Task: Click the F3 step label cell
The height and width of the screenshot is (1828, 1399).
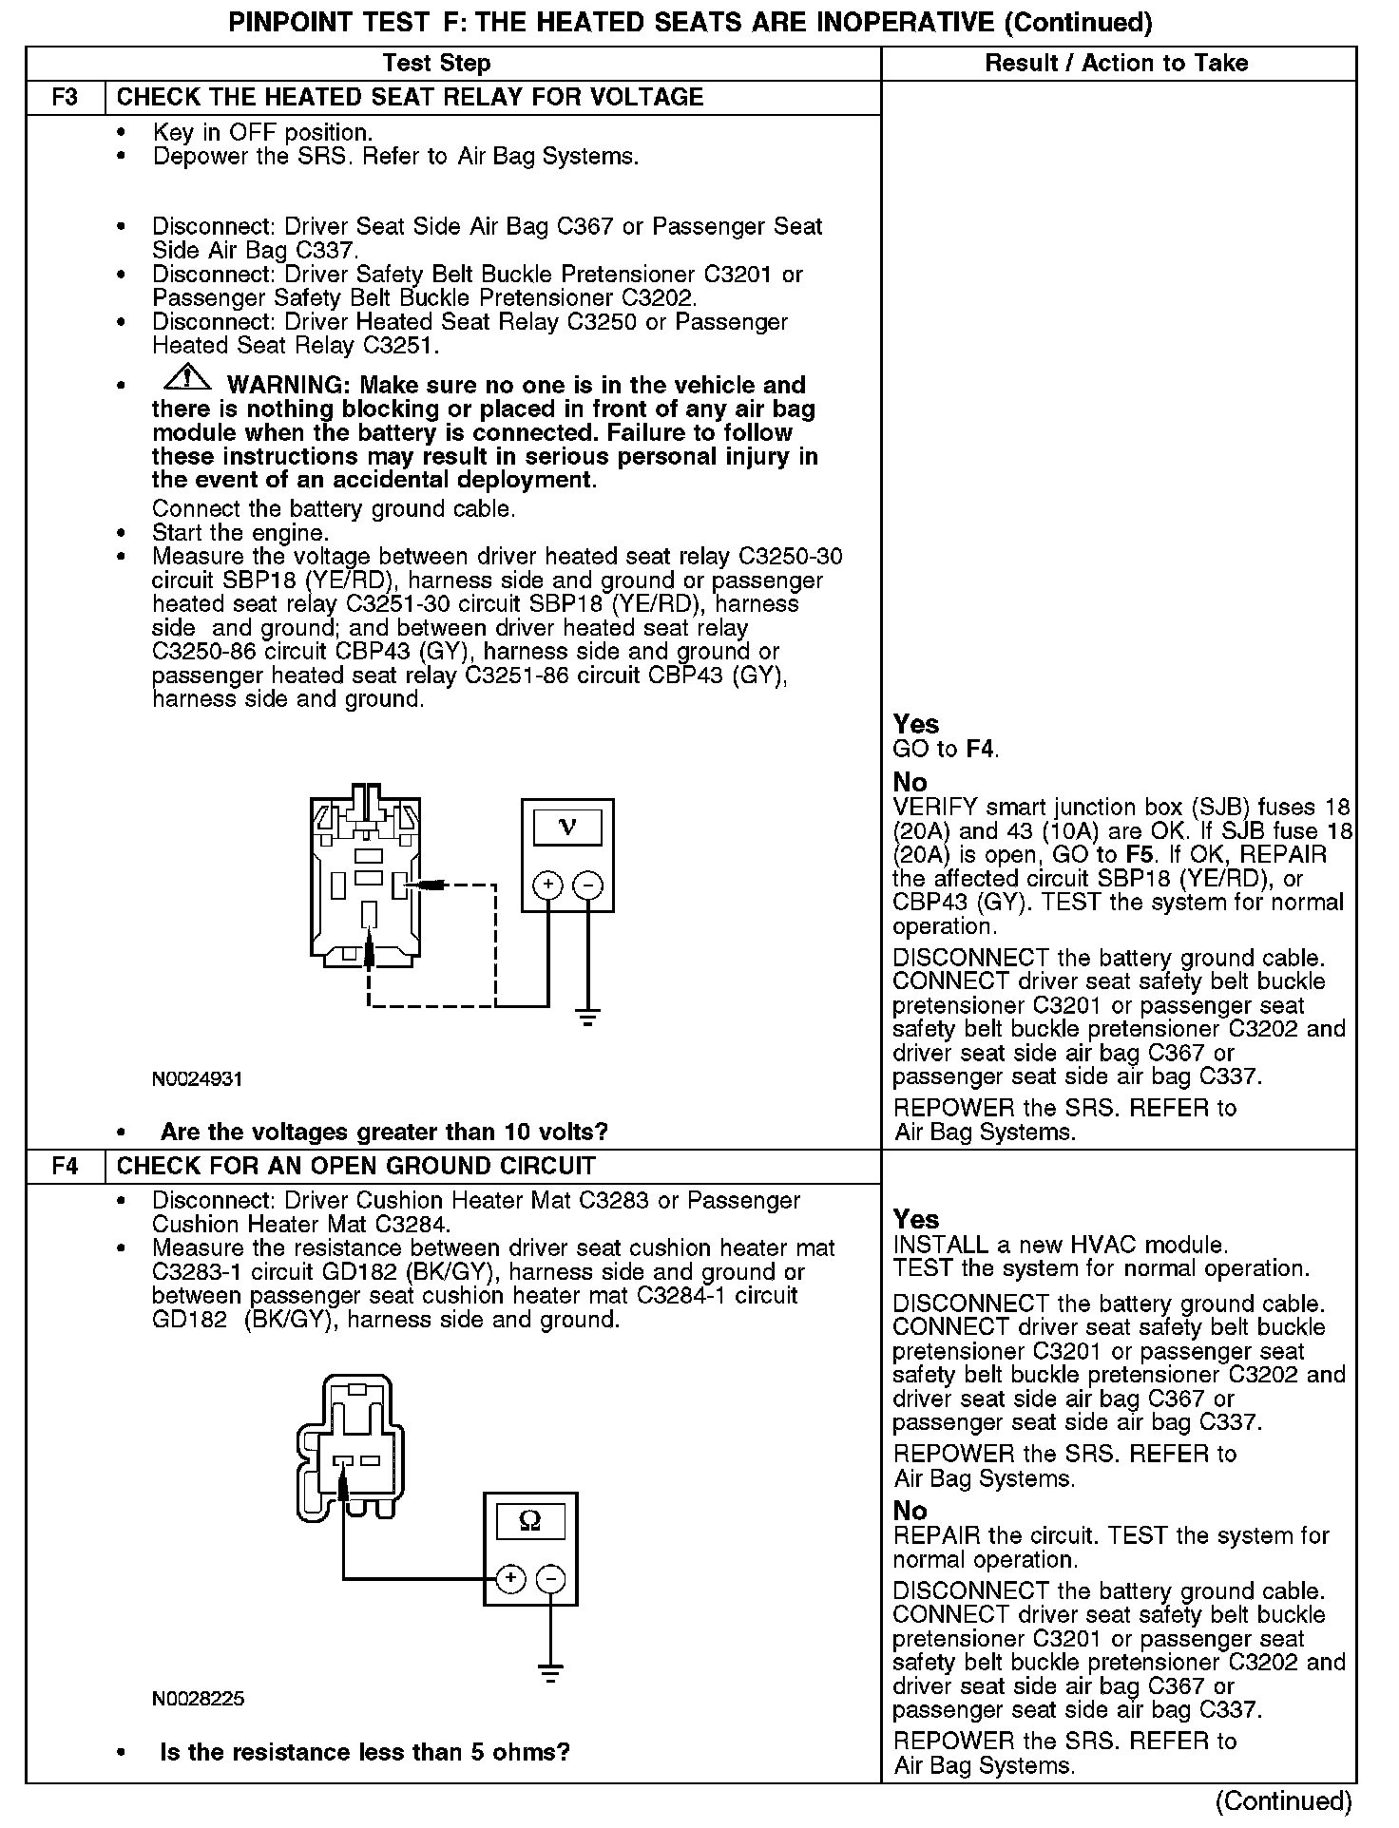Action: click(x=65, y=98)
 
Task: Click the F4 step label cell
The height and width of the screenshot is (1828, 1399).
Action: click(x=65, y=1166)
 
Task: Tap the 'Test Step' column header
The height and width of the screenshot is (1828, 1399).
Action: click(x=436, y=64)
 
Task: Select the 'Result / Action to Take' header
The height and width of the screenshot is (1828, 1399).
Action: click(x=1117, y=64)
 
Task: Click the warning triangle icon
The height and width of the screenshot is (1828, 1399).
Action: click(x=188, y=378)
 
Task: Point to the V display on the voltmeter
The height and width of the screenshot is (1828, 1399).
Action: click(x=567, y=827)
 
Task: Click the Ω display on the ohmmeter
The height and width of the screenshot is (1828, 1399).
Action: click(x=530, y=1521)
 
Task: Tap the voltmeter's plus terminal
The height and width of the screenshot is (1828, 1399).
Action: click(x=547, y=885)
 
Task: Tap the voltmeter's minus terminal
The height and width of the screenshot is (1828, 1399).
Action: click(x=588, y=885)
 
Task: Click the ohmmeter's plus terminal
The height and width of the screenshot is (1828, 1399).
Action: click(x=510, y=1578)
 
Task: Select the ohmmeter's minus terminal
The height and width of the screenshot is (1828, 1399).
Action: click(x=550, y=1578)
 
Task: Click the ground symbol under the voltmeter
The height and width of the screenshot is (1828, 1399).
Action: click(x=588, y=1019)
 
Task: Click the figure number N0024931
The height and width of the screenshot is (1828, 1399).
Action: click(x=198, y=1079)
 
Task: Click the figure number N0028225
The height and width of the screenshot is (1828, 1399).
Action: click(x=198, y=1698)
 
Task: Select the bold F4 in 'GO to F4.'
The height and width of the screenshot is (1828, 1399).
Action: click(x=980, y=749)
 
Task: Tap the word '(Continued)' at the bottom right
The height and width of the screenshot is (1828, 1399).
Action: click(x=1283, y=1800)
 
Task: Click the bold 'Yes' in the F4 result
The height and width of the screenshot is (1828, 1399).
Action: click(x=916, y=1219)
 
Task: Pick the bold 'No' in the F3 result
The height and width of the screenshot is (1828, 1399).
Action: click(x=910, y=782)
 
